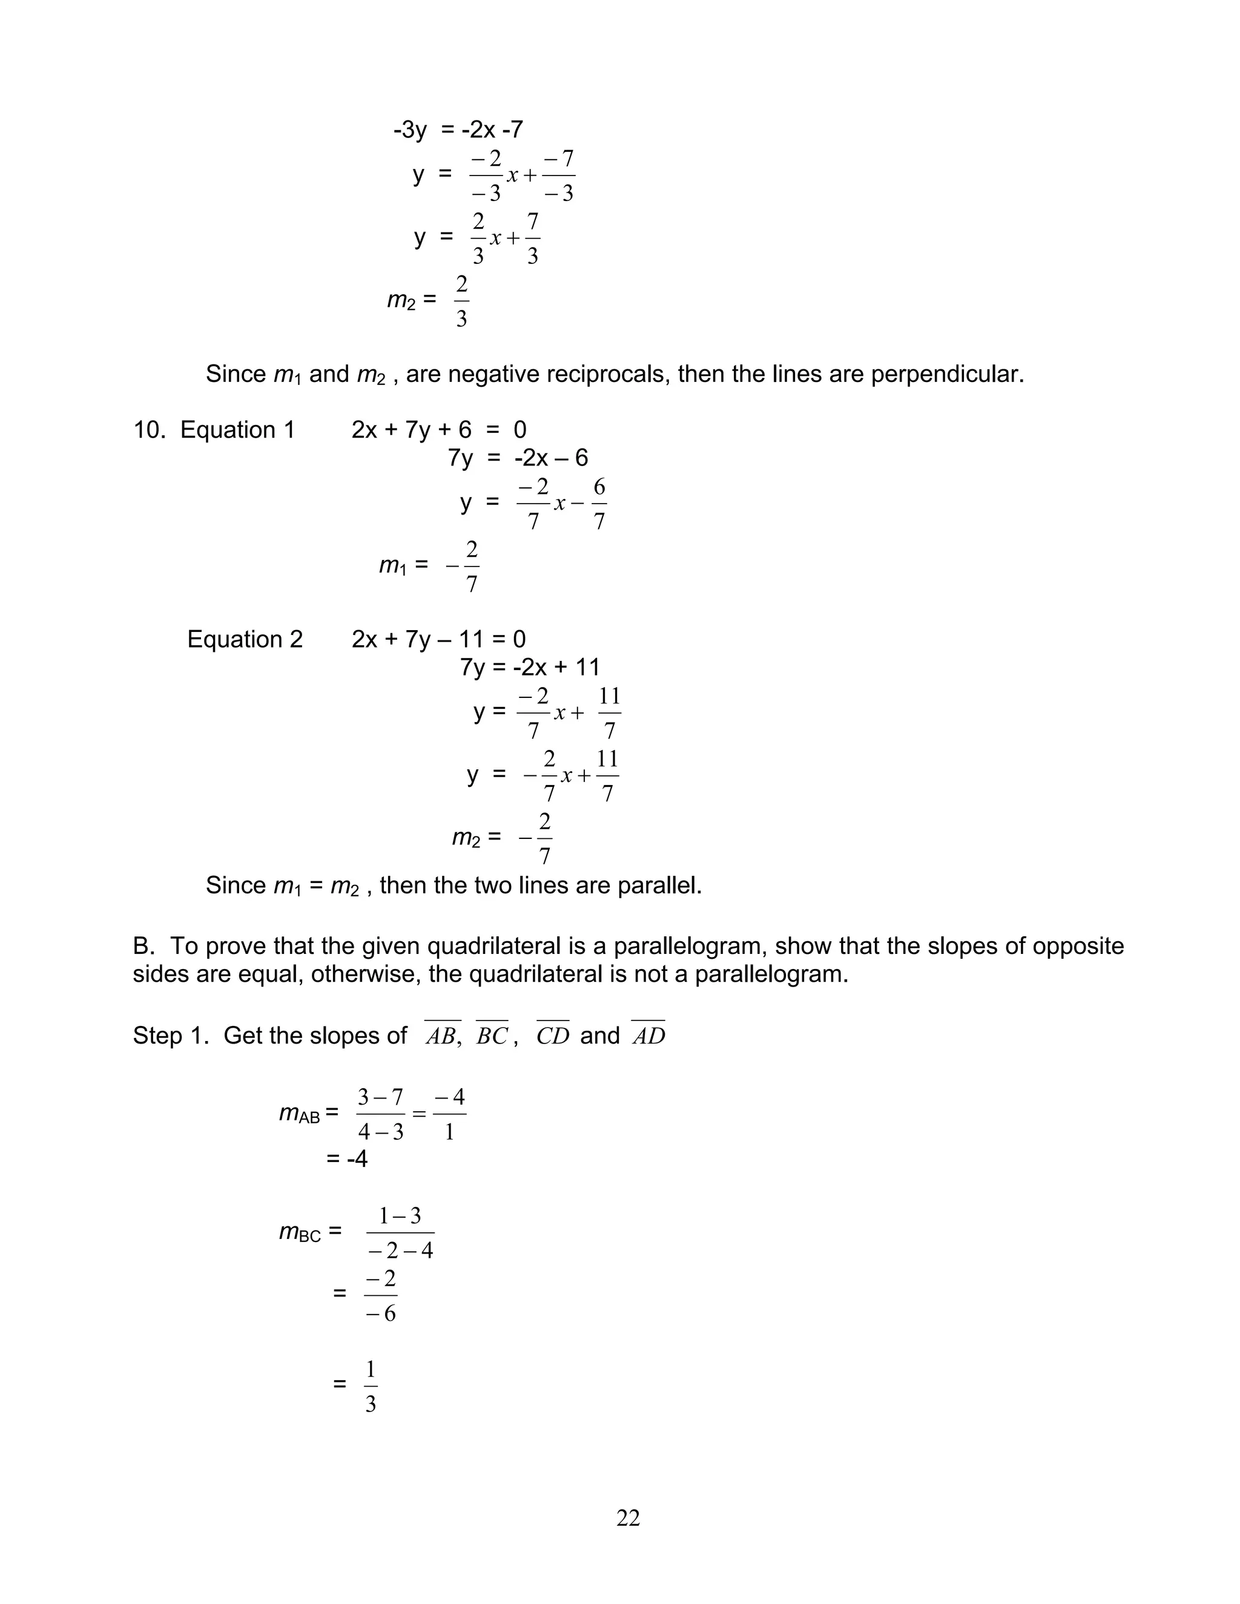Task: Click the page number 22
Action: pyautogui.click(x=627, y=1518)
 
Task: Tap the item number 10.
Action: pyautogui.click(x=148, y=430)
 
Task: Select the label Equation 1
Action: pyautogui.click(x=237, y=430)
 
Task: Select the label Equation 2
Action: pyautogui.click(x=245, y=640)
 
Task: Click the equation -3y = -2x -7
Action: pyautogui.click(x=458, y=130)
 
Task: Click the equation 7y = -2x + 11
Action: pyautogui.click(x=529, y=668)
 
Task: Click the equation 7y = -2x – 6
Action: pyautogui.click(x=518, y=458)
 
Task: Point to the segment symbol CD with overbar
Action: pyautogui.click(x=552, y=1036)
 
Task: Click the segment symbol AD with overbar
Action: pyautogui.click(x=648, y=1036)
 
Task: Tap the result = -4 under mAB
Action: pyautogui.click(x=347, y=1159)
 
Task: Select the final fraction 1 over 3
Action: pyautogui.click(x=370, y=1387)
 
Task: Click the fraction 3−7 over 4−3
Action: pyautogui.click(x=380, y=1114)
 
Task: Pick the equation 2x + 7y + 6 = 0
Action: pyautogui.click(x=438, y=430)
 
